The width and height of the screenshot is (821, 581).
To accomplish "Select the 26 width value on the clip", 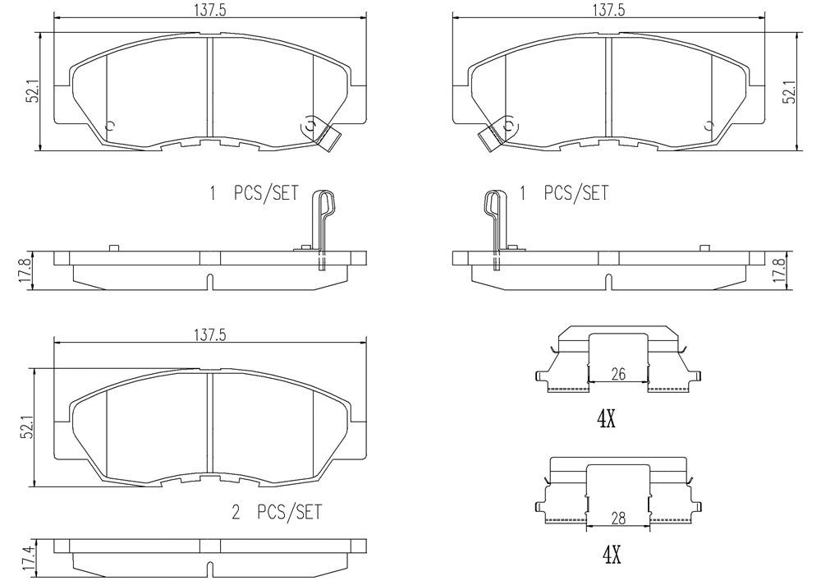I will tap(618, 374).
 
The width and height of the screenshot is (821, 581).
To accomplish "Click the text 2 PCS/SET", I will tap(277, 513).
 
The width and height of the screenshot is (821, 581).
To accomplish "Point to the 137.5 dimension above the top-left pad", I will tap(211, 10).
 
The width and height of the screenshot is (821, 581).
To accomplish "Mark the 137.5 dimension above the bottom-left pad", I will tap(210, 333).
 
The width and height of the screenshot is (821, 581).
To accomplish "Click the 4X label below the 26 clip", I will tap(606, 420).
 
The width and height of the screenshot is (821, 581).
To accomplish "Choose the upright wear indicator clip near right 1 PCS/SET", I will tap(496, 222).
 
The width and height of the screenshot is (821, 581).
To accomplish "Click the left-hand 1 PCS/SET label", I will tap(253, 194).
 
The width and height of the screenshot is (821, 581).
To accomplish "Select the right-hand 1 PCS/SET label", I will tap(565, 194).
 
